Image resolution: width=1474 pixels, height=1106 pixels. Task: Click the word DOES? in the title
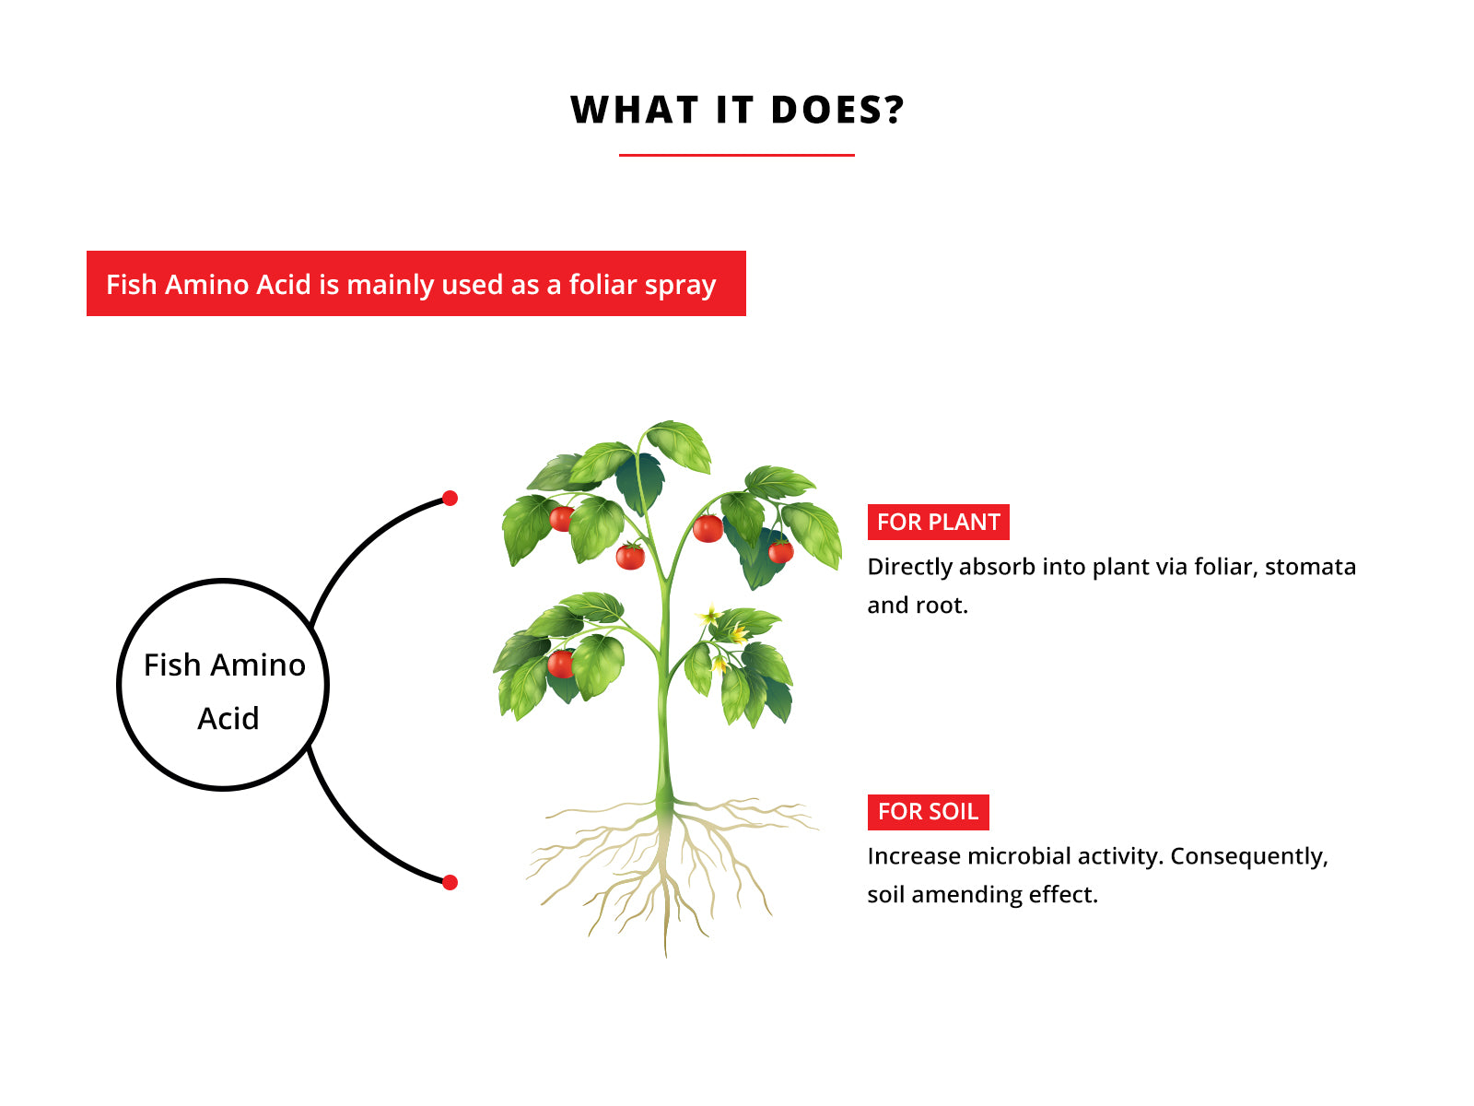(x=837, y=110)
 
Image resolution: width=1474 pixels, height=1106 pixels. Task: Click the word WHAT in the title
(x=635, y=110)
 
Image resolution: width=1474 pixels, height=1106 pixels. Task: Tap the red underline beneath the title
(x=737, y=155)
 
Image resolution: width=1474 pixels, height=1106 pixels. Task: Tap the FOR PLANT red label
(x=938, y=522)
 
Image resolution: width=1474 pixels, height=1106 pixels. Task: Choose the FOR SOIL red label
(x=928, y=812)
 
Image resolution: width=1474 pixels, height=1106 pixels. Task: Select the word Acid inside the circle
(x=228, y=719)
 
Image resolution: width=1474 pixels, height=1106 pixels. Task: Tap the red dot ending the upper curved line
(x=450, y=499)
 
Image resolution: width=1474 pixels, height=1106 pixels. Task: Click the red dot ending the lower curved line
(x=450, y=882)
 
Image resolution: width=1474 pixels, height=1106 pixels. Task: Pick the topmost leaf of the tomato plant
(x=680, y=444)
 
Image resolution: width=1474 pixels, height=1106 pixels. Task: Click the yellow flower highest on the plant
(x=709, y=614)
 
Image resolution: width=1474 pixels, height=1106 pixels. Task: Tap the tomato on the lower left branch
(x=561, y=664)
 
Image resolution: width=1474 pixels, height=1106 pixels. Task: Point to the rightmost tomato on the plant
(x=780, y=551)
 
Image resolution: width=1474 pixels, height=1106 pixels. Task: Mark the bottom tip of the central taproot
(x=665, y=957)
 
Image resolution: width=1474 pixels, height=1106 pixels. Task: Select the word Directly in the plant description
(x=910, y=568)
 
